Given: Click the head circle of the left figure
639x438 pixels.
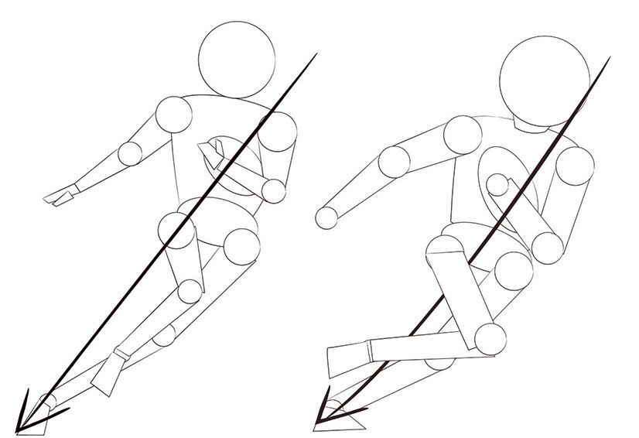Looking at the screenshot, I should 236,60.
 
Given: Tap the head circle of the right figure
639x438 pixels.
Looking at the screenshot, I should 540,75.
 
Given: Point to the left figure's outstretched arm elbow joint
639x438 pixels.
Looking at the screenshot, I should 131,152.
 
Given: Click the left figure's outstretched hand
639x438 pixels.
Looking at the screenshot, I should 60,195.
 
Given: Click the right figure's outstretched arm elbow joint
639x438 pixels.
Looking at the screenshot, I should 396,161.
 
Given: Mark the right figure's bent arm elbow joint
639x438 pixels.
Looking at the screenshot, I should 550,245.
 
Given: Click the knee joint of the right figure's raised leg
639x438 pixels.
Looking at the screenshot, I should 490,337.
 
